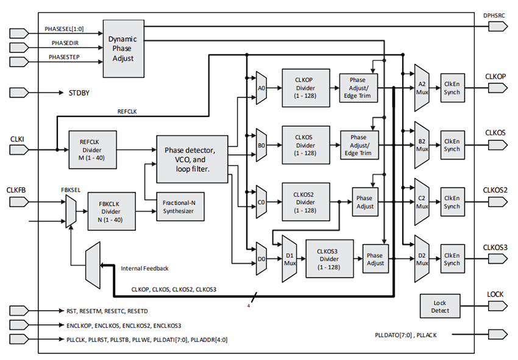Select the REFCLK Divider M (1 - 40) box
[90, 149]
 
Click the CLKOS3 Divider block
[329, 259]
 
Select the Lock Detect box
[440, 306]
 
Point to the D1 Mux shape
[289, 259]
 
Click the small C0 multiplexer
[261, 202]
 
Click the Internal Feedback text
[145, 268]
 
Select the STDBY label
[78, 93]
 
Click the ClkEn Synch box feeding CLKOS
[452, 145]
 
